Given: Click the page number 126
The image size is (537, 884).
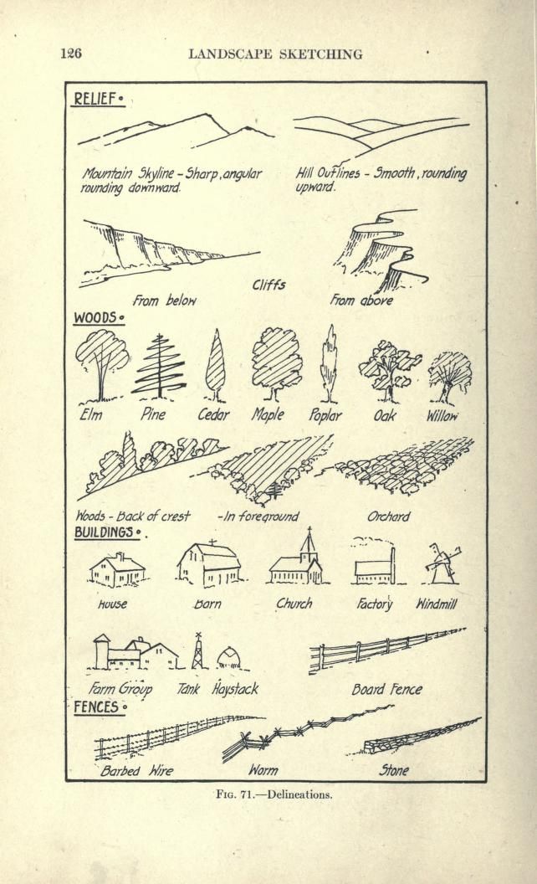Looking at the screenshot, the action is tap(71, 54).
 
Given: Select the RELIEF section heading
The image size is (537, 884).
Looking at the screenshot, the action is tap(97, 100).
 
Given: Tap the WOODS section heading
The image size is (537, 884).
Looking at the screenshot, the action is tap(97, 318).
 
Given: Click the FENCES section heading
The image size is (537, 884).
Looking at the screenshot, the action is tap(99, 707).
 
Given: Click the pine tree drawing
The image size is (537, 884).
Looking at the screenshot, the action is tap(160, 367).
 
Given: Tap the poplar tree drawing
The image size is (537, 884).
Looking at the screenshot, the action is tap(329, 364).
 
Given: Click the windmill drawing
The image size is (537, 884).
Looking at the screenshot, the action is tap(442, 563).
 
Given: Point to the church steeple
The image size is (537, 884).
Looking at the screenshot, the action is tap(308, 543).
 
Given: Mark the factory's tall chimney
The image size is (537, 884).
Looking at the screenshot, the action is tap(393, 564).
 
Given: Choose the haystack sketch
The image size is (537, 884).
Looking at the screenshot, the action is tap(230, 659).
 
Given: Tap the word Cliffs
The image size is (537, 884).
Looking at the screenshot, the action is tap(268, 285).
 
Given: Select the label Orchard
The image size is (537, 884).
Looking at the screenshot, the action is tap(389, 517).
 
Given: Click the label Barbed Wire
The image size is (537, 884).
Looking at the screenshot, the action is tap(136, 771).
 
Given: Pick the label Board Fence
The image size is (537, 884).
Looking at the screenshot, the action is tap(386, 690).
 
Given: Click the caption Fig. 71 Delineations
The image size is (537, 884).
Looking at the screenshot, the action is tap(274, 795).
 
